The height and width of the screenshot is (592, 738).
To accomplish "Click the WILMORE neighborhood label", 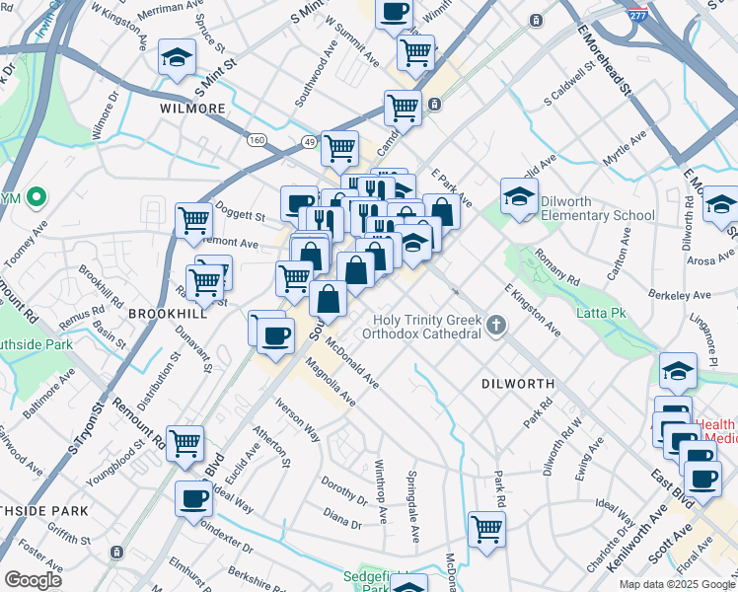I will coord(193,109).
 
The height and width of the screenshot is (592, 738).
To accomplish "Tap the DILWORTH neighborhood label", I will coord(518,383).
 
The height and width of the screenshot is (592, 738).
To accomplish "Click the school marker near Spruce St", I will coord(177,58).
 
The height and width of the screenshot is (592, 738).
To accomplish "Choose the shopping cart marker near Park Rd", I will coord(486,528).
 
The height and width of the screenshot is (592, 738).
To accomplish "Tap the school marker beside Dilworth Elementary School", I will coord(519,196).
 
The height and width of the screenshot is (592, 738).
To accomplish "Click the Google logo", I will coord(33,580).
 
